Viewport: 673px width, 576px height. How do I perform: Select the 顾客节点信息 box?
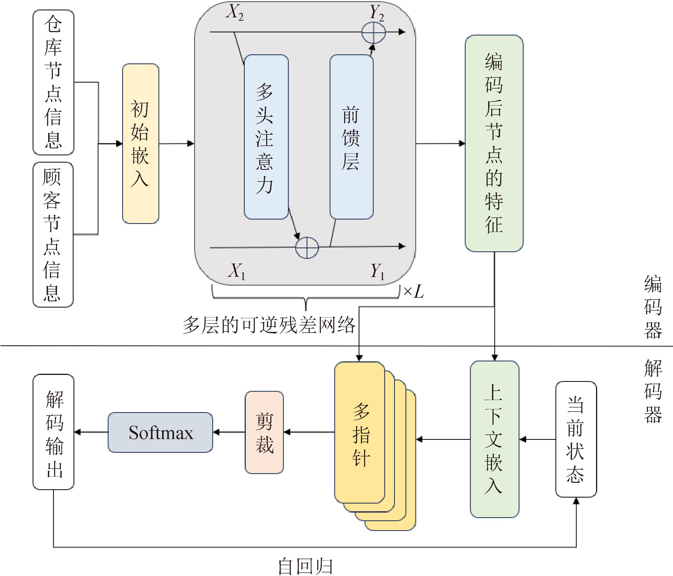53,235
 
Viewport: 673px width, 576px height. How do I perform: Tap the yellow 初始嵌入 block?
140,143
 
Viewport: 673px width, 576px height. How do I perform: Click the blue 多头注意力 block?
266,137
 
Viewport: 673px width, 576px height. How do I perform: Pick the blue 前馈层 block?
351,137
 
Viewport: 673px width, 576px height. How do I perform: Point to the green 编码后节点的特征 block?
494,143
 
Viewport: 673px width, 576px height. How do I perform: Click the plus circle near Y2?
373,32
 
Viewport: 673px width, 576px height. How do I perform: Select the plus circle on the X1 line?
307,248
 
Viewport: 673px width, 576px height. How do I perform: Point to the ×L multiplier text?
414,291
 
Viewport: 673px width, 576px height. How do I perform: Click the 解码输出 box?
54,432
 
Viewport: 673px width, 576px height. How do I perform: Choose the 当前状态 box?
576,439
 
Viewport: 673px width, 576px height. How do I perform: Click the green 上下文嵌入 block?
494,439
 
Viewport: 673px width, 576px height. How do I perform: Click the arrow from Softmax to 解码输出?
91,432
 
